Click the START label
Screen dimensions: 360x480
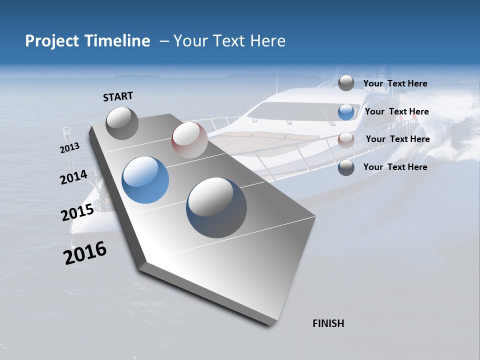[x=118, y=96]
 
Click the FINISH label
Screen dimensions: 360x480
[x=328, y=323]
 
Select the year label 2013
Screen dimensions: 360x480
[x=69, y=148]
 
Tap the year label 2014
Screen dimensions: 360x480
[x=73, y=177]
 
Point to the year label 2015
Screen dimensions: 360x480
[x=77, y=212]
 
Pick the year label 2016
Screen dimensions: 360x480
[x=85, y=252]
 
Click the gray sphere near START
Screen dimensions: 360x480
[x=122, y=123]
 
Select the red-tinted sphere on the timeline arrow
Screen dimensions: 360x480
[x=189, y=140]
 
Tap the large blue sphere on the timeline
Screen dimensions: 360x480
[x=145, y=180]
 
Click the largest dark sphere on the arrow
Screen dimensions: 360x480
[x=216, y=207]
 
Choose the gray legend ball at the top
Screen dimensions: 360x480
[x=346, y=83]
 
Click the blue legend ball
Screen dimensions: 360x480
[x=346, y=112]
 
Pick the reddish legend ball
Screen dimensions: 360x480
[x=346, y=140]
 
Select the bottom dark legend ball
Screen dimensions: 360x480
[x=346, y=167]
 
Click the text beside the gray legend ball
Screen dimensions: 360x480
[x=395, y=84]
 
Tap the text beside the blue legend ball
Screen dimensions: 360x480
[x=396, y=112]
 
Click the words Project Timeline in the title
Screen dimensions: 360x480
[x=87, y=41]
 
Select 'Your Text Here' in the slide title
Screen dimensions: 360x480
[x=229, y=41]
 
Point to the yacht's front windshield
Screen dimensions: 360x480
[x=300, y=111]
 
